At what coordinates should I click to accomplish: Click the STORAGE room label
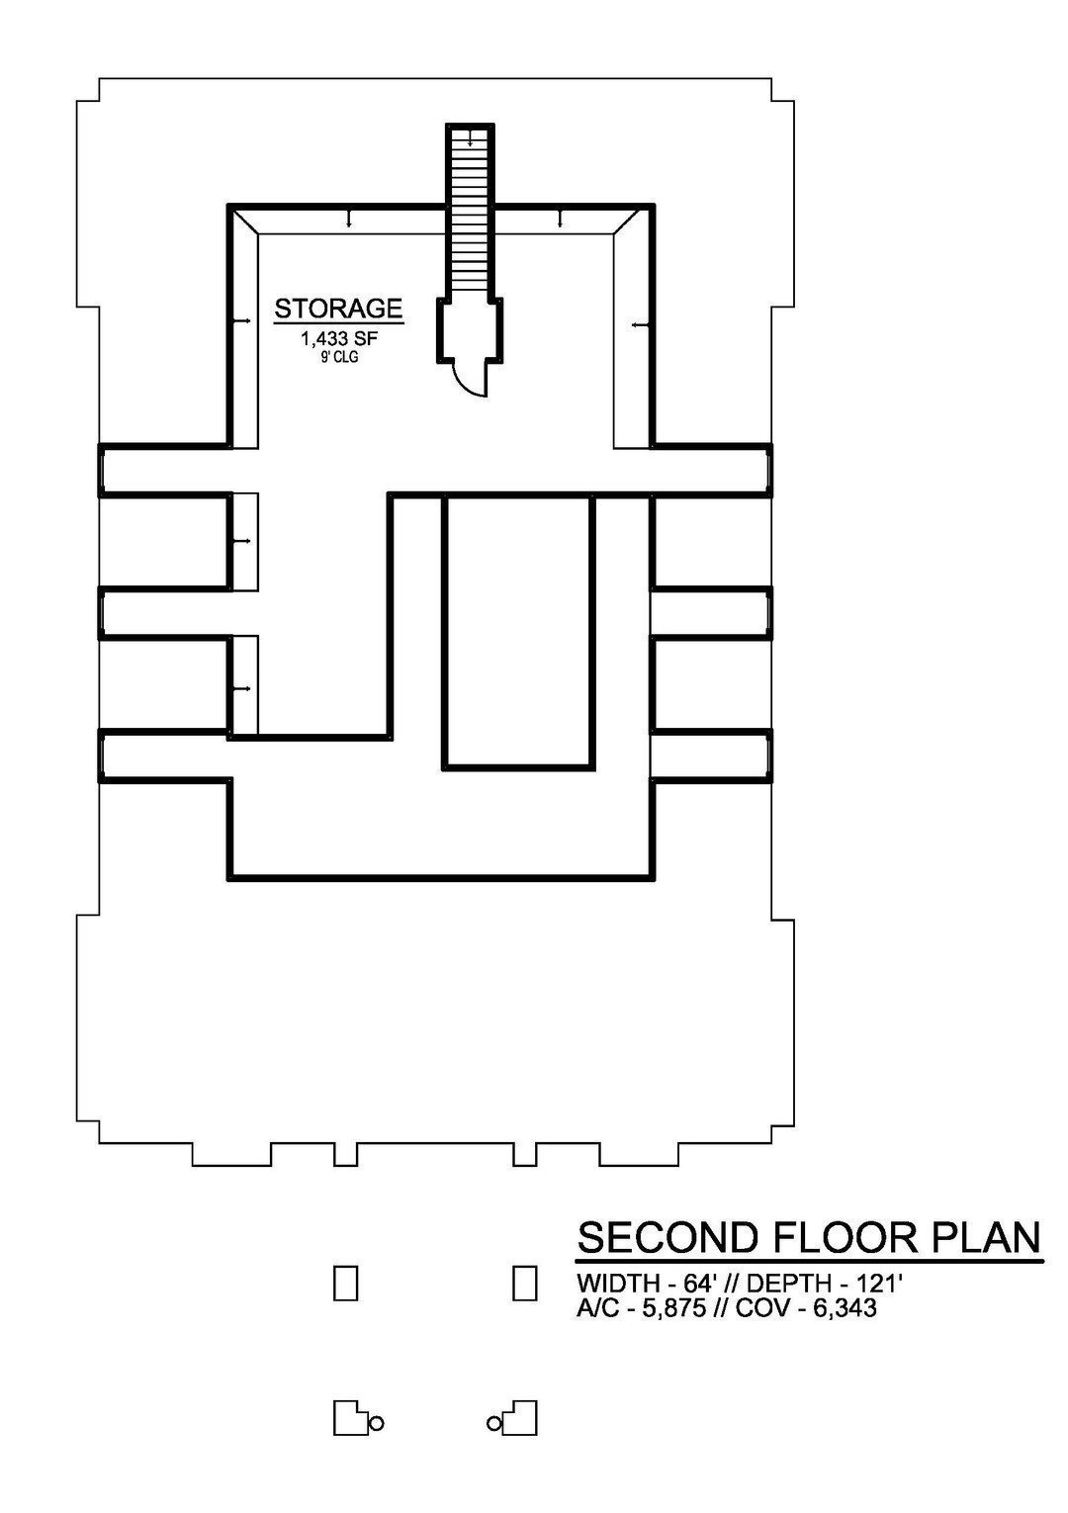[338, 309]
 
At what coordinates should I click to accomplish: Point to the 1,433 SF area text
[339, 340]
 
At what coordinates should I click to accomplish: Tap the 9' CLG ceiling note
[340, 357]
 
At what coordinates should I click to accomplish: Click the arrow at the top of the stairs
[470, 137]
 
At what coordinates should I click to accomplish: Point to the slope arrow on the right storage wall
[643, 325]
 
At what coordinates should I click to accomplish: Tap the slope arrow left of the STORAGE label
[241, 319]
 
